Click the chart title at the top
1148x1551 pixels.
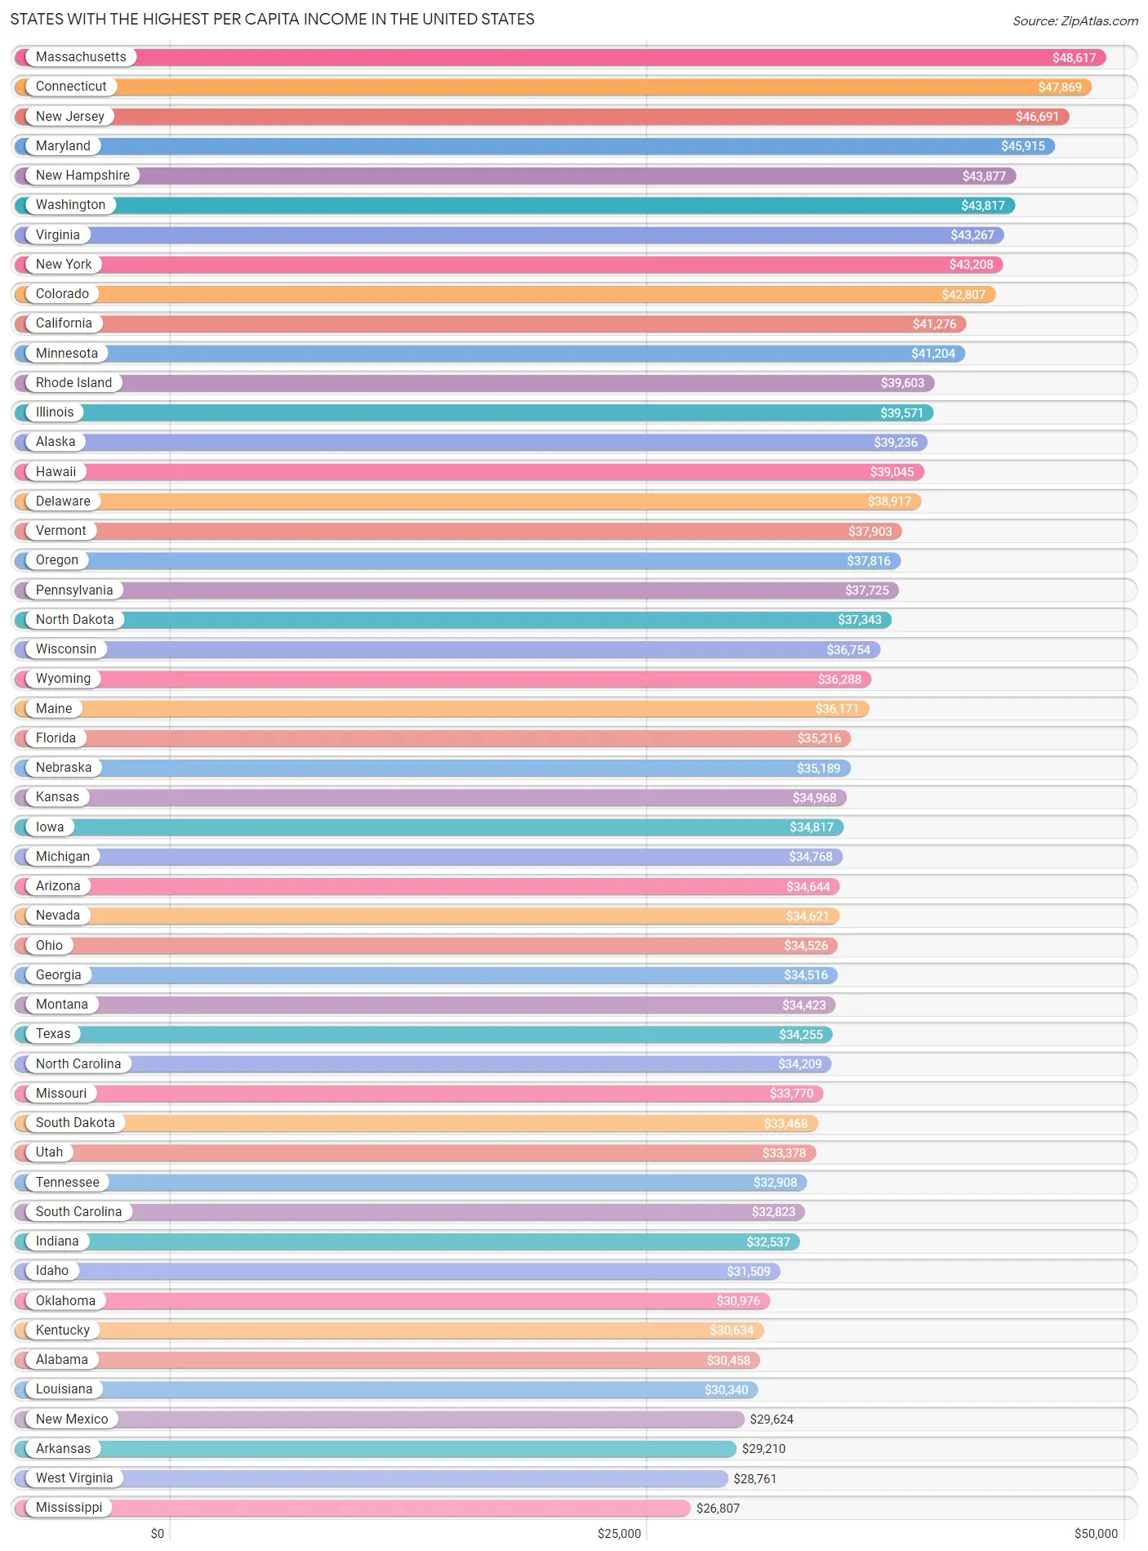272,19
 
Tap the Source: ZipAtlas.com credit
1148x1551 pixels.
1075,20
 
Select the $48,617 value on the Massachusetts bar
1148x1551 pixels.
1074,57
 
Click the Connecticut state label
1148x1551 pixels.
71,87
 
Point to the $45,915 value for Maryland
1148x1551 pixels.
1022,146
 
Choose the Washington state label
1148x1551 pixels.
70,205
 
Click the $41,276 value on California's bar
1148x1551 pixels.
934,324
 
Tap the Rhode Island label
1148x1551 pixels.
73,383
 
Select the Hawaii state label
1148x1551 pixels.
56,472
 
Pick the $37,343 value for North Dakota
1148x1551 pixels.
859,620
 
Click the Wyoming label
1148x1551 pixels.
63,679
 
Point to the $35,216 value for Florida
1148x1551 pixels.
819,738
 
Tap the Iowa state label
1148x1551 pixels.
50,827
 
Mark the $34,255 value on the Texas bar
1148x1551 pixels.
800,1035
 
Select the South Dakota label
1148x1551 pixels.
75,1123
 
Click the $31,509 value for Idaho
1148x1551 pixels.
748,1272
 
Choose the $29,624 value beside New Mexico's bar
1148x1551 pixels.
772,1420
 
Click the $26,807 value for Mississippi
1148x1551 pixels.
718,1509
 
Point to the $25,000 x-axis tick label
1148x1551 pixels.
619,1534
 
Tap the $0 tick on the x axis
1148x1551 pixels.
158,1534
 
